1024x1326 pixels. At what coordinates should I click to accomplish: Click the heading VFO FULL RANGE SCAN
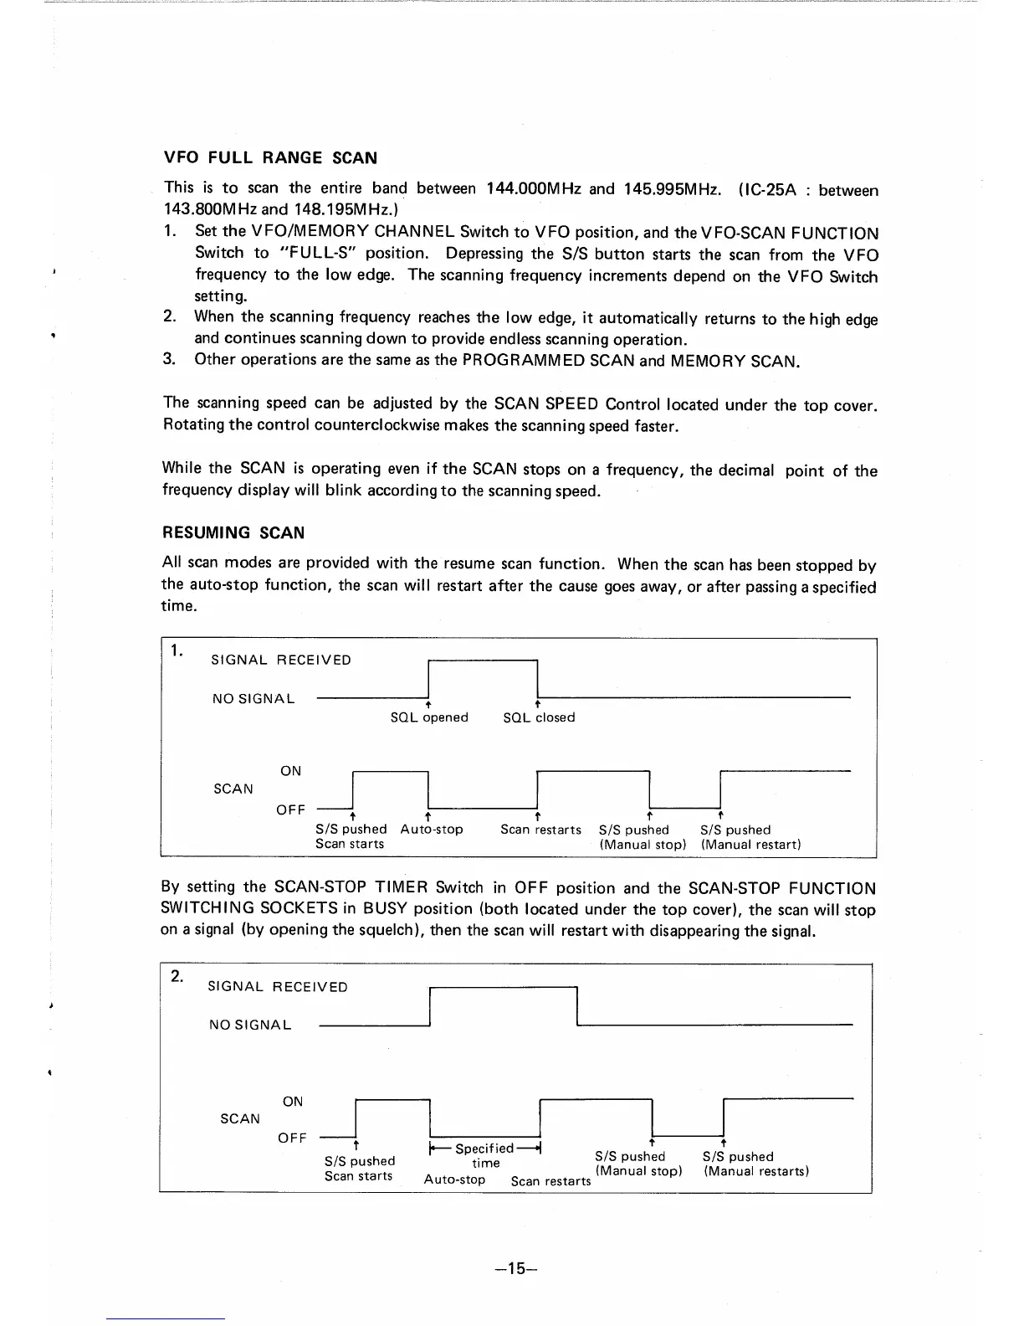(x=270, y=158)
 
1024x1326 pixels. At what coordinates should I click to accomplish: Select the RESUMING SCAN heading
(x=233, y=533)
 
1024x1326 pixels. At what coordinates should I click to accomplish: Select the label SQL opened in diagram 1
(x=429, y=717)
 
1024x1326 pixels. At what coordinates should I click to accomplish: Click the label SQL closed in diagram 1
(x=539, y=717)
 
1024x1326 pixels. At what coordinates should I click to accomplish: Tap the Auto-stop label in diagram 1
(x=431, y=830)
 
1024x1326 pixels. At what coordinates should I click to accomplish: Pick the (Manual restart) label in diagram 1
(x=750, y=845)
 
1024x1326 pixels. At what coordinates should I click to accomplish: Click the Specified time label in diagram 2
(x=484, y=1156)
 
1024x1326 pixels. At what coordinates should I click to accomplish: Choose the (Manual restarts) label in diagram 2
(x=755, y=1171)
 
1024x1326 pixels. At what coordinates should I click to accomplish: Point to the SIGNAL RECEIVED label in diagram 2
(x=277, y=987)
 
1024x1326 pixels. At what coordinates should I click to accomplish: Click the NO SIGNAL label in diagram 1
(x=253, y=699)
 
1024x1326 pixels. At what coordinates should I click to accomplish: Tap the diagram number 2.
(x=177, y=976)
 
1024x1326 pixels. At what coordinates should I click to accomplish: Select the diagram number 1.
(x=177, y=650)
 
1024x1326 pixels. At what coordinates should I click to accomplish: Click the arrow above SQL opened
(x=429, y=705)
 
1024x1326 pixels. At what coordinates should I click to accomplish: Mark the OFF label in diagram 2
(x=292, y=1138)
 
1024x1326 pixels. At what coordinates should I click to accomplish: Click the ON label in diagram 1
(x=290, y=771)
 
